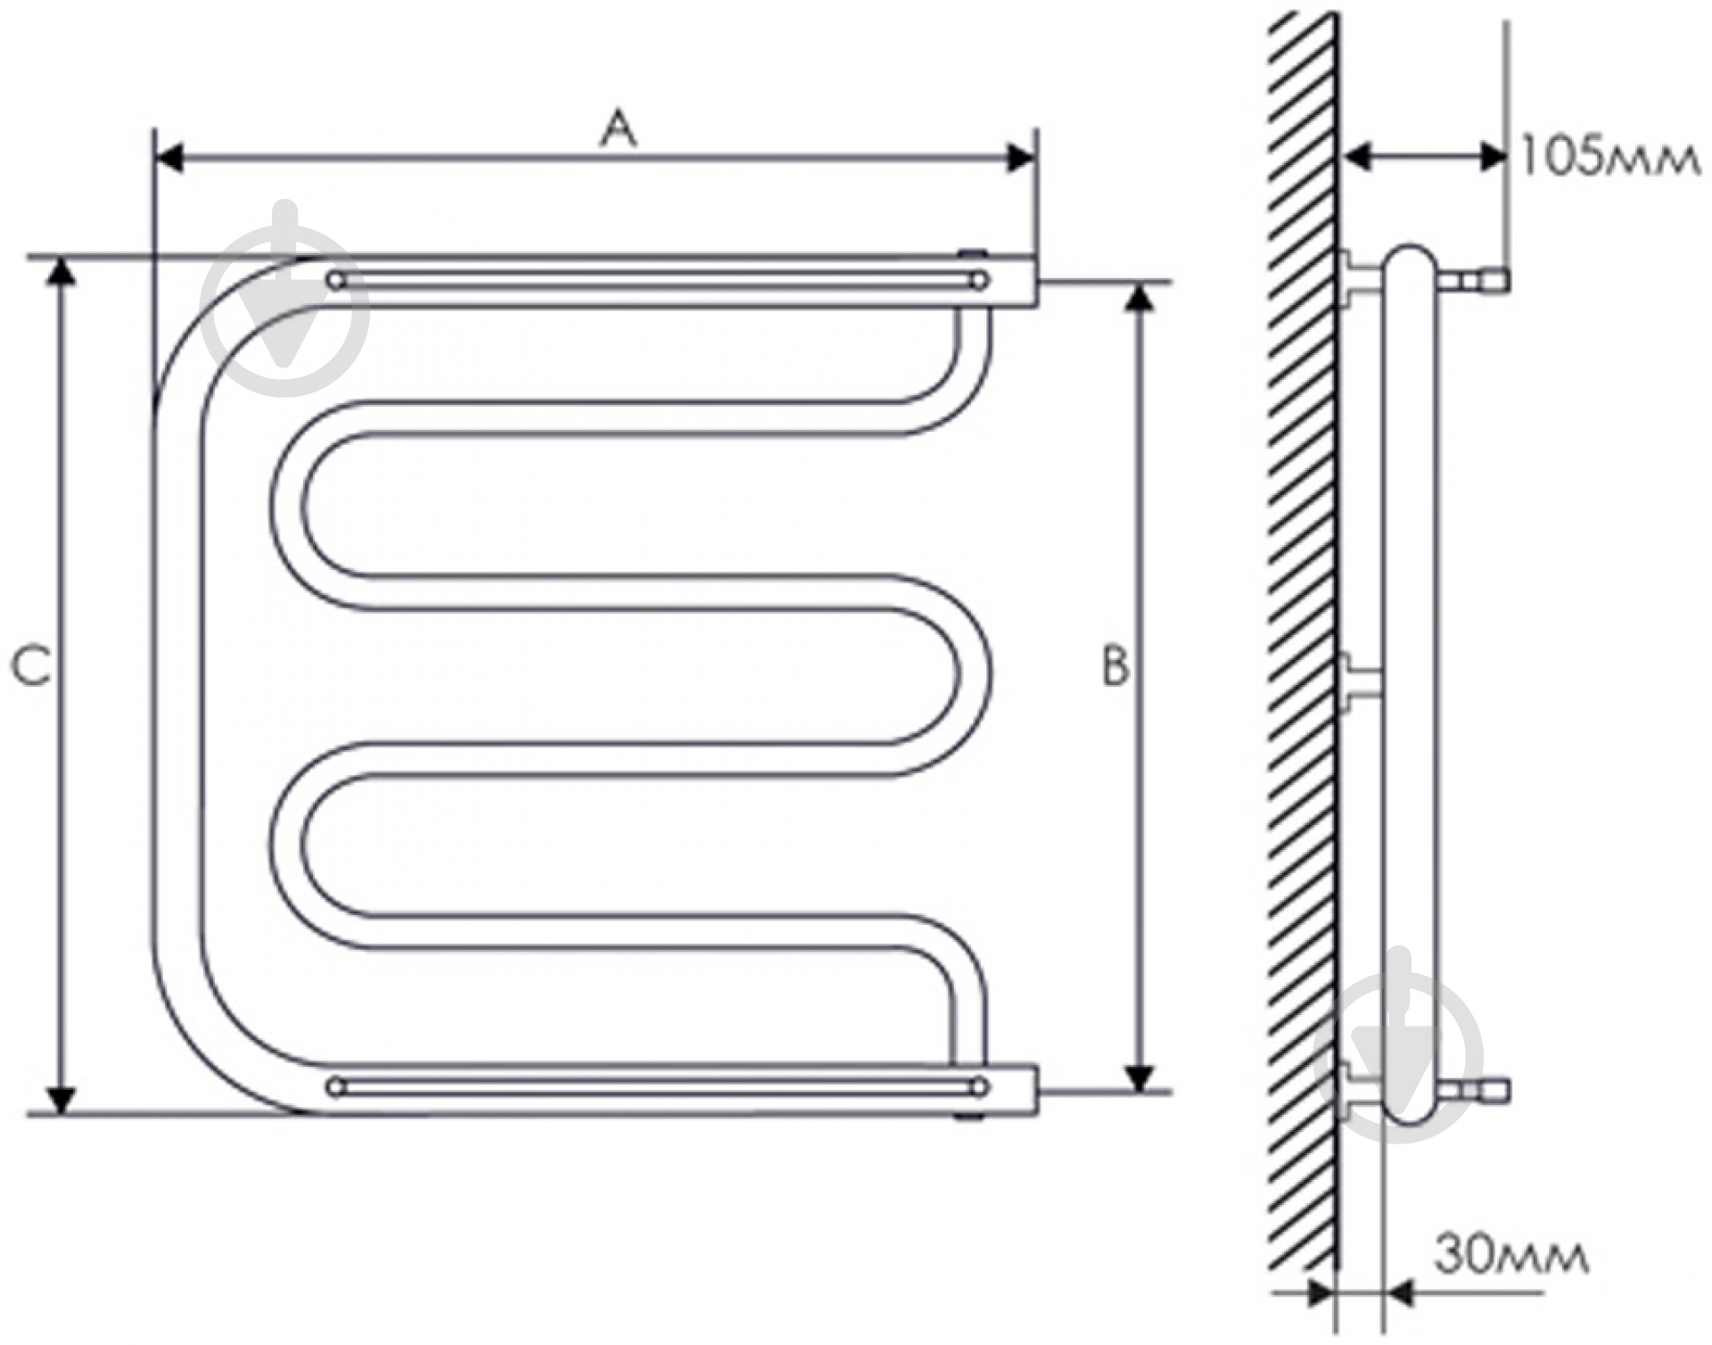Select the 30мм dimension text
tap(1510, 1256)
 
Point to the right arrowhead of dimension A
tap(1021, 159)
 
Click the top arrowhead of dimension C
tap(60, 272)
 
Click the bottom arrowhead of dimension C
tap(60, 1100)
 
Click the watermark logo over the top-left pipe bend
tap(284, 299)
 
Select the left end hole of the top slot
tap(336, 282)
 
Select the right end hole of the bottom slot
tap(979, 1087)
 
